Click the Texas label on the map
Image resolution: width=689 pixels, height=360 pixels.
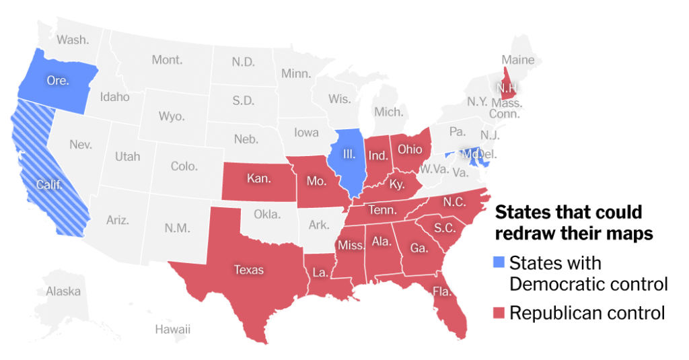[x=248, y=270]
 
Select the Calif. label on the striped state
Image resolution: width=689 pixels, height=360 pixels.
[x=48, y=184]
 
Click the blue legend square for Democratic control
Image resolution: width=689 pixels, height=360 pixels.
[x=499, y=262]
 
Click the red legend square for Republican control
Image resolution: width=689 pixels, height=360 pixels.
[x=499, y=313]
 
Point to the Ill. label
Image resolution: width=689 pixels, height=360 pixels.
[x=349, y=154]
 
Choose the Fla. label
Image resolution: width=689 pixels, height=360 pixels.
[x=442, y=292]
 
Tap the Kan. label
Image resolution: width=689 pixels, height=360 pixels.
[x=258, y=179]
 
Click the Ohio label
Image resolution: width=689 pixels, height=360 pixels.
[x=410, y=148]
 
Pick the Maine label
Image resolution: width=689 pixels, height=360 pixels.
[x=517, y=60]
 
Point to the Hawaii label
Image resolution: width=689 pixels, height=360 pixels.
[x=172, y=329]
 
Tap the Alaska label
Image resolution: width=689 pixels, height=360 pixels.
[x=63, y=291]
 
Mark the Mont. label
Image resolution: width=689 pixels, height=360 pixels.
[x=167, y=60]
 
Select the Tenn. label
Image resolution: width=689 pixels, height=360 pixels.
[x=382, y=211]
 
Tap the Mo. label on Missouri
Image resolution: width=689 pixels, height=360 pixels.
[x=316, y=180]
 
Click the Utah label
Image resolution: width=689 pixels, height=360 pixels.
[x=127, y=156]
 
